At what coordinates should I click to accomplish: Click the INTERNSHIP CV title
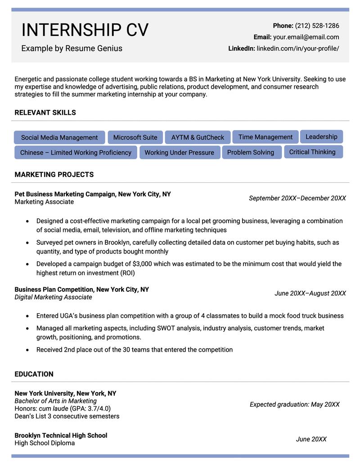click(x=85, y=30)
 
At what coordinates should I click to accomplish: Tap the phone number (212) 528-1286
click(x=317, y=26)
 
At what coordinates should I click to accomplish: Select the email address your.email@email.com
click(x=306, y=37)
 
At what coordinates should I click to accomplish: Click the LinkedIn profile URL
click(x=298, y=48)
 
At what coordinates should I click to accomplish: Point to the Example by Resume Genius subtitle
click(x=72, y=48)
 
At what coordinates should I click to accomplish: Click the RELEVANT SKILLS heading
click(x=45, y=113)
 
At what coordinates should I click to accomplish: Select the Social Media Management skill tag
click(x=59, y=137)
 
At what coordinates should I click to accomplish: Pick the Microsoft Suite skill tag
click(x=135, y=137)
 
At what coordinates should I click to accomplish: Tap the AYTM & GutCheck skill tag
click(x=198, y=137)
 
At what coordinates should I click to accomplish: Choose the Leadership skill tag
click(x=321, y=136)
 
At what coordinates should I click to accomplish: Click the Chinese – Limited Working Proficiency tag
click(x=76, y=153)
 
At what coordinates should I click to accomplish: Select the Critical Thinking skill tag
click(x=312, y=152)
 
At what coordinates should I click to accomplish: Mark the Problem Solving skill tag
click(x=251, y=152)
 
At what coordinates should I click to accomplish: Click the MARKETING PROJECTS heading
click(x=54, y=174)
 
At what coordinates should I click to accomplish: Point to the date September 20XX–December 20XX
click(x=297, y=198)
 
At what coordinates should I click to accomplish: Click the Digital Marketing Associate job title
click(x=53, y=297)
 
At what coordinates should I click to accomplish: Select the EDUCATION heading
click(x=34, y=374)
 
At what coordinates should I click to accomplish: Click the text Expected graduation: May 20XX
click(x=295, y=404)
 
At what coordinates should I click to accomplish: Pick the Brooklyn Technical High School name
click(x=61, y=435)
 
